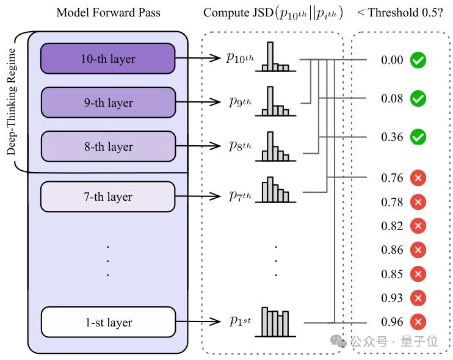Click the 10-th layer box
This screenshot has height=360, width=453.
(x=107, y=59)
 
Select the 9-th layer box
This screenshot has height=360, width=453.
(x=107, y=103)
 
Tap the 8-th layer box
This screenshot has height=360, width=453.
(x=107, y=146)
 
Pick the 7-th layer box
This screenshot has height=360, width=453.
(x=107, y=196)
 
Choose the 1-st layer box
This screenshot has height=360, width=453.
(x=107, y=322)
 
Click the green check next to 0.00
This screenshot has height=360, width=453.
(x=418, y=60)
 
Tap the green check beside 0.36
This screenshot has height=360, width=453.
(x=418, y=137)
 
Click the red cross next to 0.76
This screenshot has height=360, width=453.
(x=418, y=178)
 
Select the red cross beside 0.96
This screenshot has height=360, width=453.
(x=418, y=322)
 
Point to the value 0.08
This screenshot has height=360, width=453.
(x=392, y=98)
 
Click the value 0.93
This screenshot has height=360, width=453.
(x=392, y=298)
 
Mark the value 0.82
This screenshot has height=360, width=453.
(x=392, y=226)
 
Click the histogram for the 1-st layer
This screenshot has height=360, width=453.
(x=275, y=321)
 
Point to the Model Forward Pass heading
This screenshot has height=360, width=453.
(x=107, y=12)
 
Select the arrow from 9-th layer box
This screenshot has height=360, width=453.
(x=198, y=103)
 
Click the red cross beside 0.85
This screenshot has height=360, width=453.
(x=418, y=274)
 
